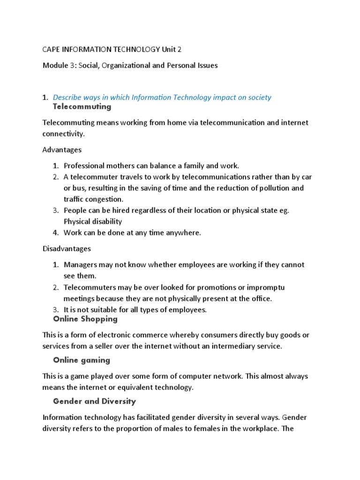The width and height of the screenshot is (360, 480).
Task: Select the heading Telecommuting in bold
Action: (x=82, y=107)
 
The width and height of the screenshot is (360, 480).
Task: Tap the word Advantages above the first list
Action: (x=62, y=150)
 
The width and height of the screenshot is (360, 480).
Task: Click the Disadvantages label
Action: (x=67, y=248)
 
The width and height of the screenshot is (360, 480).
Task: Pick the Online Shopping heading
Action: (x=85, y=319)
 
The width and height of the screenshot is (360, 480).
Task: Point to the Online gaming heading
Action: (x=82, y=360)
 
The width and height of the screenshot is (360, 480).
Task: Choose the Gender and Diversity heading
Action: (x=94, y=401)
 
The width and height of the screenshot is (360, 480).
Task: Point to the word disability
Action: (x=106, y=221)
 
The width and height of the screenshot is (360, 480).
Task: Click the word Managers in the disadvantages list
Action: (x=81, y=265)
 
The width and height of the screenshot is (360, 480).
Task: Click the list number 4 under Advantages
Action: (x=55, y=233)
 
